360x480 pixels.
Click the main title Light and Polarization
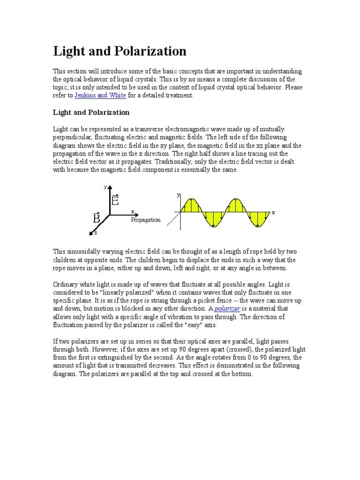tap(120, 51)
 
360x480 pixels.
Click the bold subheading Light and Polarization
tap(91, 112)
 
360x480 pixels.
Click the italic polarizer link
tap(227, 308)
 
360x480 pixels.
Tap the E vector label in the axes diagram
tap(115, 201)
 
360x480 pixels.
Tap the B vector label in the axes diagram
tap(97, 218)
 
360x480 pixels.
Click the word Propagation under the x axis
tap(145, 220)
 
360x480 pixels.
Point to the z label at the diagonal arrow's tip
tap(96, 232)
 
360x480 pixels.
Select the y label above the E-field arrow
tap(105, 187)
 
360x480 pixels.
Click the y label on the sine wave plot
tap(178, 195)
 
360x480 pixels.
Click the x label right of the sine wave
tap(273, 212)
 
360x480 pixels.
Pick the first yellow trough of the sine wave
tap(214, 219)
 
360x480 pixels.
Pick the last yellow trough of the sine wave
tap(258, 219)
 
